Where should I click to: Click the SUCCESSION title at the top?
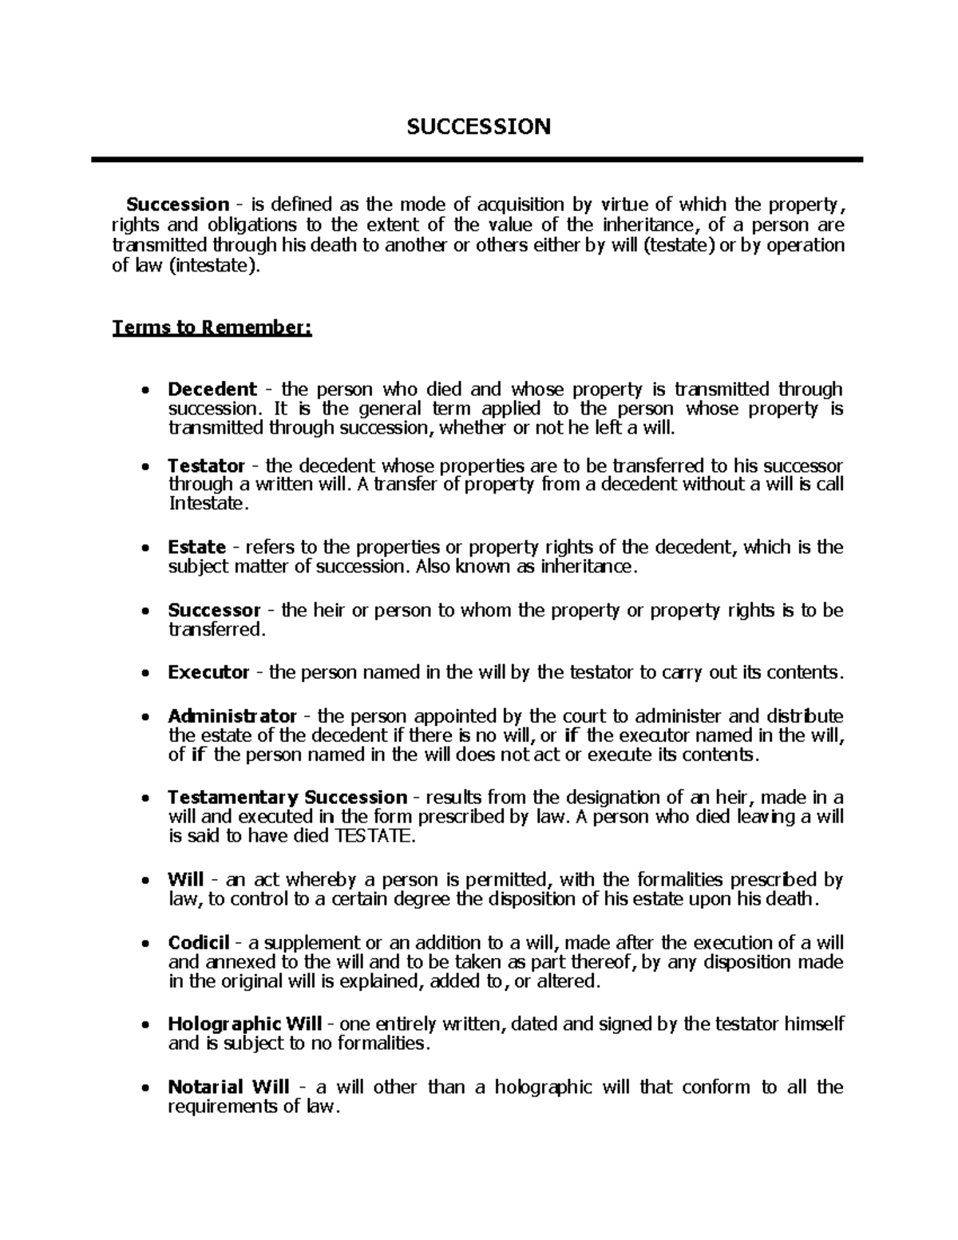(478, 126)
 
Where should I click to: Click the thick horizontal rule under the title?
(477, 160)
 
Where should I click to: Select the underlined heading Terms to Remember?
(212, 328)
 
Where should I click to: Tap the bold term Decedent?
(212, 390)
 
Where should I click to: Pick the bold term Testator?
(206, 465)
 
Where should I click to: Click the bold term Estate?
(196, 548)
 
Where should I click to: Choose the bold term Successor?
(214, 611)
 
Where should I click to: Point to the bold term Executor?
(208, 672)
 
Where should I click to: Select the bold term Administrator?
(232, 715)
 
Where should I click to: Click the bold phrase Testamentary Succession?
(287, 798)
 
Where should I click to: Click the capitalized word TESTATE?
(374, 836)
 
